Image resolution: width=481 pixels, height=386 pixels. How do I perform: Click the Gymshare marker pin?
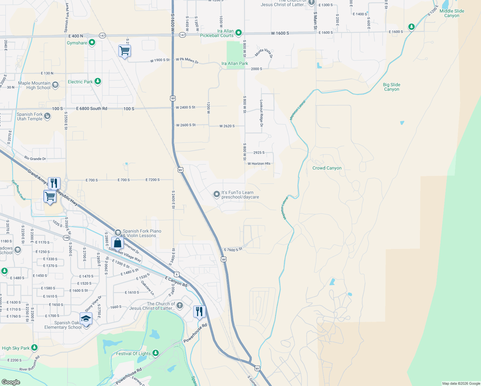pyautogui.click(x=92, y=42)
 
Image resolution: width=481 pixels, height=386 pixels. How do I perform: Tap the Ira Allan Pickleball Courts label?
pyautogui.click(x=217, y=33)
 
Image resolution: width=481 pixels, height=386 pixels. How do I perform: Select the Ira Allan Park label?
pyautogui.click(x=235, y=63)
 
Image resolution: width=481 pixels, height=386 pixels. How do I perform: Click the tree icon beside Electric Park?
pyautogui.click(x=98, y=81)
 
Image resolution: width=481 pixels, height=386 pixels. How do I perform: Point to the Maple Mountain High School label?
pyautogui.click(x=34, y=85)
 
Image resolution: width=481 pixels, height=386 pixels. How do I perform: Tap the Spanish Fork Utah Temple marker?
pyautogui.click(x=47, y=116)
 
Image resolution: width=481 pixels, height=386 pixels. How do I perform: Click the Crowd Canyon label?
pyautogui.click(x=327, y=168)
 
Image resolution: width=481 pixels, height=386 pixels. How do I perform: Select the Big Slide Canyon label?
pyautogui.click(x=391, y=87)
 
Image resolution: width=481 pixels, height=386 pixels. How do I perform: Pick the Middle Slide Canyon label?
pyautogui.click(x=452, y=13)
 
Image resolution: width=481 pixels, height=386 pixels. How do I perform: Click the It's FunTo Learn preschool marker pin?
pyautogui.click(x=217, y=194)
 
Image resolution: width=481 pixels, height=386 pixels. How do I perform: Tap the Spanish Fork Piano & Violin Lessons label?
pyautogui.click(x=142, y=233)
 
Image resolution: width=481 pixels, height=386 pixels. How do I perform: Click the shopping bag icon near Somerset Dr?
pyautogui.click(x=118, y=243)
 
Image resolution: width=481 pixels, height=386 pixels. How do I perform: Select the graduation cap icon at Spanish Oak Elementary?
pyautogui.click(x=86, y=319)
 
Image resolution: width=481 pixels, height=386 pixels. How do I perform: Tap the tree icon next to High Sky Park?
pyautogui.click(x=34, y=348)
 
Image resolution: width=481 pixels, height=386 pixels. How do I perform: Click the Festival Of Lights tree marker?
pyautogui.click(x=156, y=353)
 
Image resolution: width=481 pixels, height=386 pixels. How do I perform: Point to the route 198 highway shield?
pyautogui.click(x=66, y=238)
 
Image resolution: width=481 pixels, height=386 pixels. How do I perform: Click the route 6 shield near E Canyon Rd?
pyautogui.click(x=177, y=274)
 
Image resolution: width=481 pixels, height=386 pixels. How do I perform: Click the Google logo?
pyautogui.click(x=11, y=382)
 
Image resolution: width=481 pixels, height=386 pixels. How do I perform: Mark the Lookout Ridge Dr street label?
pyautogui.click(x=261, y=113)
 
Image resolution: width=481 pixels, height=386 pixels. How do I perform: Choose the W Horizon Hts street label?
pyautogui.click(x=259, y=163)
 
